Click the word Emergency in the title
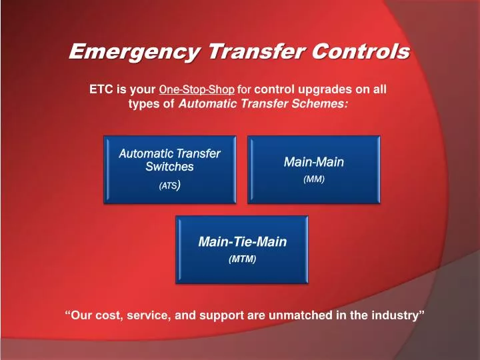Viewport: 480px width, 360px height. pyautogui.click(x=135, y=51)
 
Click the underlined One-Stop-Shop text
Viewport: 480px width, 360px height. pyautogui.click(x=197, y=89)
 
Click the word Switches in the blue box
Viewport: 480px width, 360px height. pyautogui.click(x=169, y=167)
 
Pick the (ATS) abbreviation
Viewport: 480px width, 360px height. pyautogui.click(x=169, y=185)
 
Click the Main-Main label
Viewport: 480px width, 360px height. pyautogui.click(x=314, y=162)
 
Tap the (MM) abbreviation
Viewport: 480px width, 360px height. pyautogui.click(x=314, y=179)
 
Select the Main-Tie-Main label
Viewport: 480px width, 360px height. pyautogui.click(x=243, y=241)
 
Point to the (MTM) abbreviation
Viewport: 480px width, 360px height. pyautogui.click(x=242, y=259)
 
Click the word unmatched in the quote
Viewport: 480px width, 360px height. pyautogui.click(x=300, y=315)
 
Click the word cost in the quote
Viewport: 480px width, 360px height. pyautogui.click(x=107, y=315)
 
